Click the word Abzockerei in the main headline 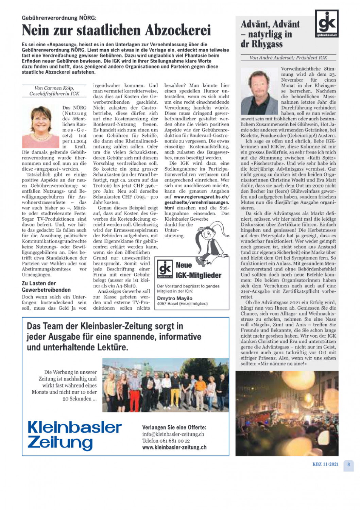click(x=178, y=30)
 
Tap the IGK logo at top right click(x=326, y=23)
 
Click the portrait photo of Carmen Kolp click(x=40, y=126)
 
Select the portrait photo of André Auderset click(x=259, y=91)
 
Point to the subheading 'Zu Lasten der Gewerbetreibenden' click(x=46, y=286)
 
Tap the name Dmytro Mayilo click(x=175, y=298)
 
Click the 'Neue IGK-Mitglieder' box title click(x=198, y=270)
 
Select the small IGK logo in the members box click(x=165, y=269)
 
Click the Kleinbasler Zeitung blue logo click(x=74, y=435)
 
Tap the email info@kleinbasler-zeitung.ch click(x=173, y=434)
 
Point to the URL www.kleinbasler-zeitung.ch click(x=174, y=447)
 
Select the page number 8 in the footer click(x=348, y=464)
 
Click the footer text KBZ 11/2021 click(x=325, y=464)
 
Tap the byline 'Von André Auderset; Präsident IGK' click(x=288, y=58)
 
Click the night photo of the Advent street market click(x=287, y=413)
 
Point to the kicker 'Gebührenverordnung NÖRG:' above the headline click(x=59, y=18)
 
